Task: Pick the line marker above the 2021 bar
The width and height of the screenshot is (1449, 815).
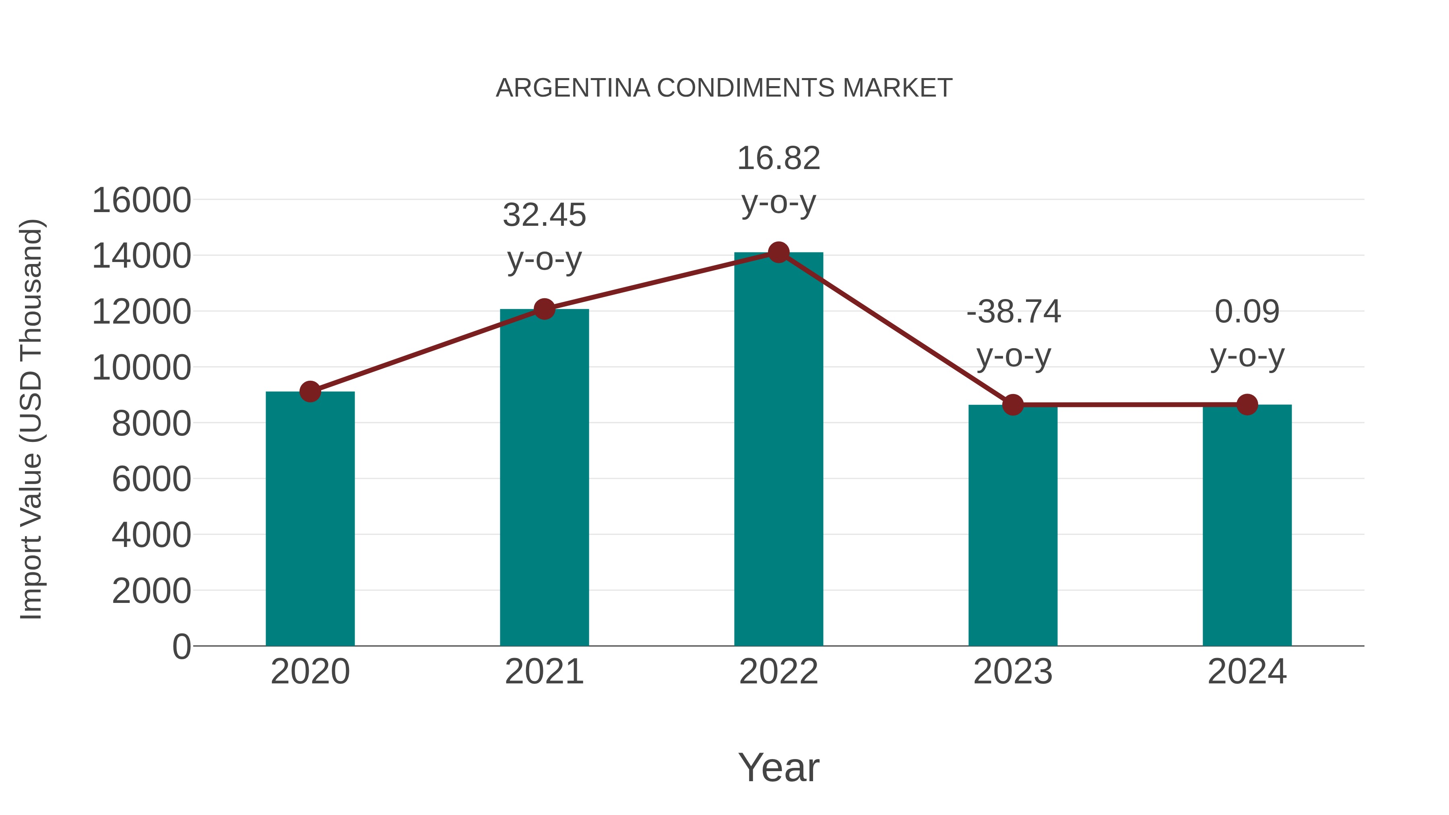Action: point(545,309)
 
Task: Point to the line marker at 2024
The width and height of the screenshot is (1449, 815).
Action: point(1247,404)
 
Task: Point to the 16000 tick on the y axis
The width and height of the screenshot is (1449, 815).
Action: point(141,200)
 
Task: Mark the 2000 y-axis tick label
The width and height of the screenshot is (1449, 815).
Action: point(151,591)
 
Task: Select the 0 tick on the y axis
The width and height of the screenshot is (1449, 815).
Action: point(182,647)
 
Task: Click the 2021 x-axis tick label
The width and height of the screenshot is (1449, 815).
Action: point(545,672)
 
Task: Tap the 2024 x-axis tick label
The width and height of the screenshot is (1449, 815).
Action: point(1247,672)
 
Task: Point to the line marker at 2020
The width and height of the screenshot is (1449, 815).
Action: point(310,392)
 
